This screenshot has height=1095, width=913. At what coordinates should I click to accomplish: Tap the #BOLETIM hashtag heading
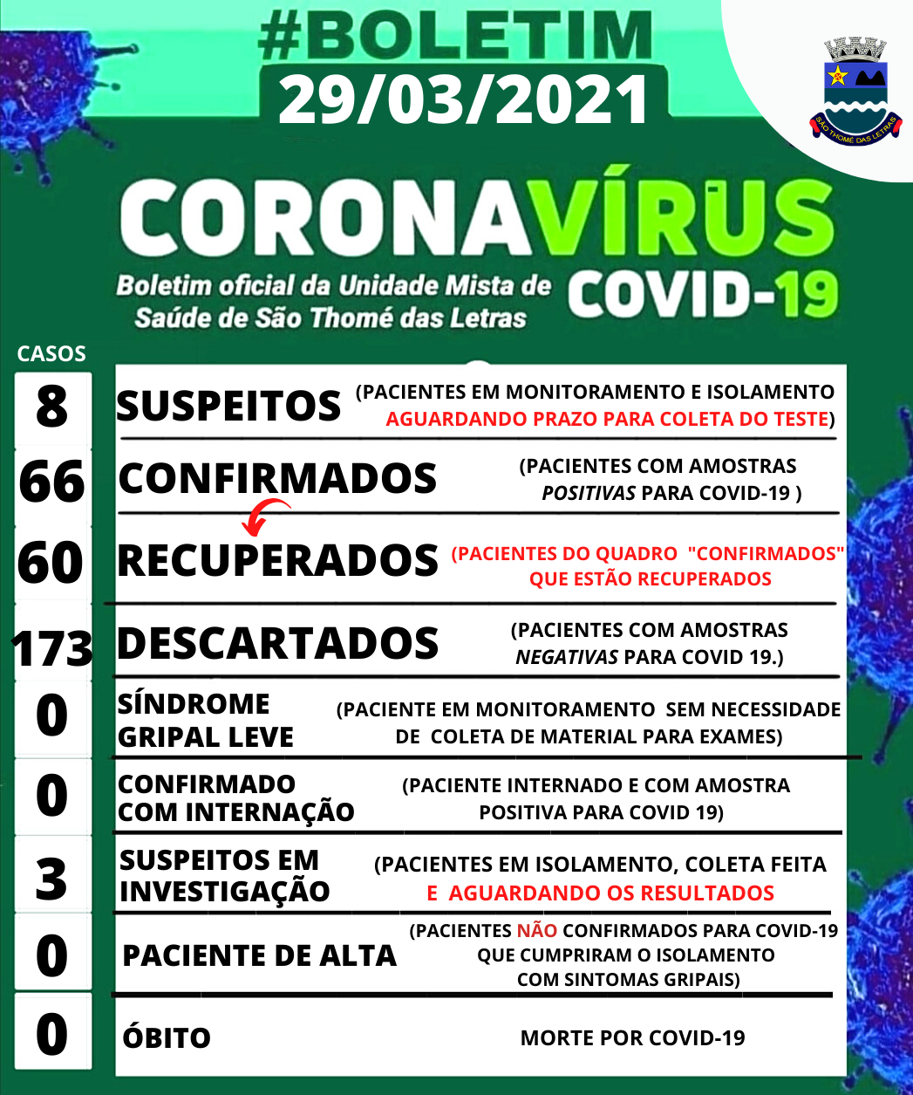(x=456, y=37)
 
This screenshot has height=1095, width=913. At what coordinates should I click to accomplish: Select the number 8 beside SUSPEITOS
(x=52, y=406)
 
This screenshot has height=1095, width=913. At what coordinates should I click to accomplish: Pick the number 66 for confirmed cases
(x=51, y=482)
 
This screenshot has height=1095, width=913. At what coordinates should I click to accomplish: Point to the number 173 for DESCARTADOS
(x=52, y=647)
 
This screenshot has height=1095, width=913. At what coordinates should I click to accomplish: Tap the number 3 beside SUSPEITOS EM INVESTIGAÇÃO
(x=51, y=879)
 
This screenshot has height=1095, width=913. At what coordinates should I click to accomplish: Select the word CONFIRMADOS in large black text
(x=277, y=478)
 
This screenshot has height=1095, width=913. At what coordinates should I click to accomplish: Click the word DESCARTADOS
(x=277, y=644)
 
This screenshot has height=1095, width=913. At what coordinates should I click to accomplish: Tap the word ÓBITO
(x=167, y=1038)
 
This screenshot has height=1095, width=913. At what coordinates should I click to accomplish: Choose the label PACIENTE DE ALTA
(x=259, y=956)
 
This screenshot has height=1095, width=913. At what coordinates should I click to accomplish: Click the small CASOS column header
(x=51, y=354)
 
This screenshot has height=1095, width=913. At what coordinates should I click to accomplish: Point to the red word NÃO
(x=536, y=931)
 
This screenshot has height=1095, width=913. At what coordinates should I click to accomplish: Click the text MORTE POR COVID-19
(x=632, y=1038)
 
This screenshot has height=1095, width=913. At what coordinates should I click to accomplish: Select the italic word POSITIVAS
(x=589, y=494)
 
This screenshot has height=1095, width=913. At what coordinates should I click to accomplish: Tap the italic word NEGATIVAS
(x=567, y=657)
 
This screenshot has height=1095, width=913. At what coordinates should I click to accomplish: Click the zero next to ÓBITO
(x=51, y=1034)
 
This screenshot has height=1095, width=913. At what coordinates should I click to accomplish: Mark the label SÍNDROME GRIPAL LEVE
(x=205, y=721)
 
